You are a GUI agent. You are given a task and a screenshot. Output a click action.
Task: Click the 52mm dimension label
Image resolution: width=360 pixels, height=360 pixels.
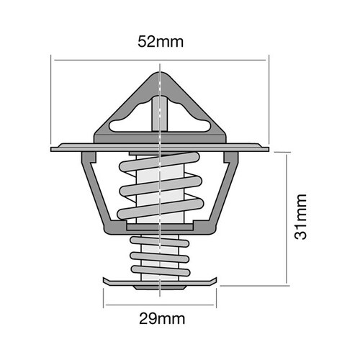click(161, 41)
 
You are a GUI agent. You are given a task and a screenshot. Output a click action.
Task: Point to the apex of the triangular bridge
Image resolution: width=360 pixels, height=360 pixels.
click(159, 73)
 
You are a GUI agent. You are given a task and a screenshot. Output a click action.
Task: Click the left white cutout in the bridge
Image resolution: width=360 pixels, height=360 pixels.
click(129, 127)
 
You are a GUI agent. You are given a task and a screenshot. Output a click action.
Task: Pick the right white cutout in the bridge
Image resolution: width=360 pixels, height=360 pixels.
click(189, 127)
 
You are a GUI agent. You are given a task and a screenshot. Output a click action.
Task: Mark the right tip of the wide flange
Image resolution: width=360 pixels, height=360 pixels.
click(267, 149)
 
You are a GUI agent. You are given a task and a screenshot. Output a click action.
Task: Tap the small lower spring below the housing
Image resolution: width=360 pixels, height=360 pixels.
click(158, 256)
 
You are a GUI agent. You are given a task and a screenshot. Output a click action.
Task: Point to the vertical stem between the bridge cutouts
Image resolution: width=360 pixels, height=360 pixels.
click(159, 115)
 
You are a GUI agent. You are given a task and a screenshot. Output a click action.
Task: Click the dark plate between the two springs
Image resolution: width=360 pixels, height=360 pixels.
click(159, 229)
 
